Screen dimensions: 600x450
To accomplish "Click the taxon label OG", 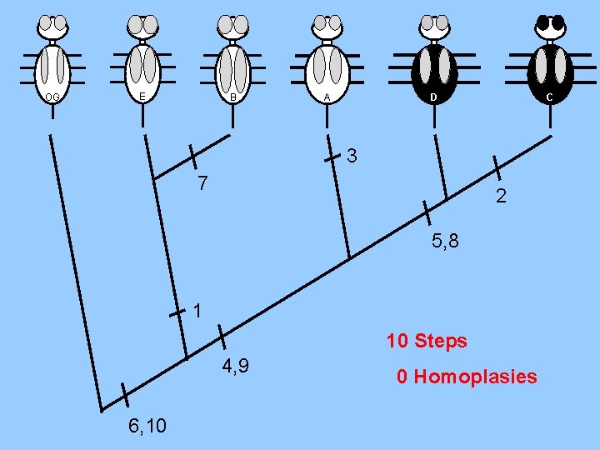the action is (x=52, y=97).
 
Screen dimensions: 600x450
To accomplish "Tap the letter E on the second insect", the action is (x=142, y=97).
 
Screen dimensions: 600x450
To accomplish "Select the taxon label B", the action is (x=233, y=97).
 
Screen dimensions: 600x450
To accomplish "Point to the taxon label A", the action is (x=327, y=97).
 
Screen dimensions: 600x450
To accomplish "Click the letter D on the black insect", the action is (x=432, y=97).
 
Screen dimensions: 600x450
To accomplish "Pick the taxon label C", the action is (x=548, y=97).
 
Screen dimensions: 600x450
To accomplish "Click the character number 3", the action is (x=352, y=155).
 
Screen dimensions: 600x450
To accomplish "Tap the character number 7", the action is (x=202, y=182).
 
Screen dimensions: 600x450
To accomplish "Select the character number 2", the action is (x=500, y=197).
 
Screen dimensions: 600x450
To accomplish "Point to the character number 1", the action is (x=197, y=312).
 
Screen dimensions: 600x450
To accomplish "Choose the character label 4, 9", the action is (x=237, y=366).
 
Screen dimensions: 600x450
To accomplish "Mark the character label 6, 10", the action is (x=147, y=426).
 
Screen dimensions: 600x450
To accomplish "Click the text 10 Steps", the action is (x=426, y=341).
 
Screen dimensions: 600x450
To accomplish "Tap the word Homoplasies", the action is (x=475, y=377).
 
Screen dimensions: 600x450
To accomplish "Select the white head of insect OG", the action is (x=54, y=27).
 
